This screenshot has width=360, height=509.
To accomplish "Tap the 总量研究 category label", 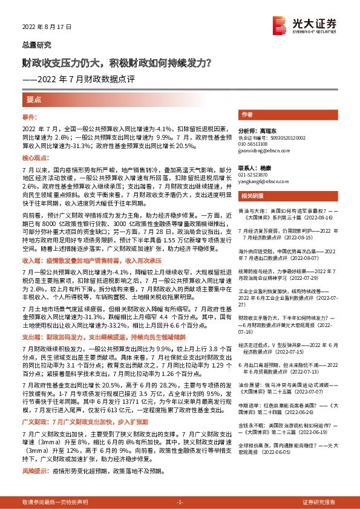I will pos(36,45).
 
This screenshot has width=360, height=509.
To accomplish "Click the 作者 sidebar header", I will pos(247,114).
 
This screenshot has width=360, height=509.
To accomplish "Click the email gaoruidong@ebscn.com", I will pos(260,151).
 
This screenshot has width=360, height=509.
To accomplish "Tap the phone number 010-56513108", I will pos(254,144).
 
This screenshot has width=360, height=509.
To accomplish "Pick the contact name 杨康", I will pos(261,167).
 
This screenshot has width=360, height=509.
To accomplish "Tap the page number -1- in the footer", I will pos(179,502).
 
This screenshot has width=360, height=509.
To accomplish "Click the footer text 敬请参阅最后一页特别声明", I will pos(55,502).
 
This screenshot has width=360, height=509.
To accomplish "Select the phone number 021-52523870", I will pos(254,174).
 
